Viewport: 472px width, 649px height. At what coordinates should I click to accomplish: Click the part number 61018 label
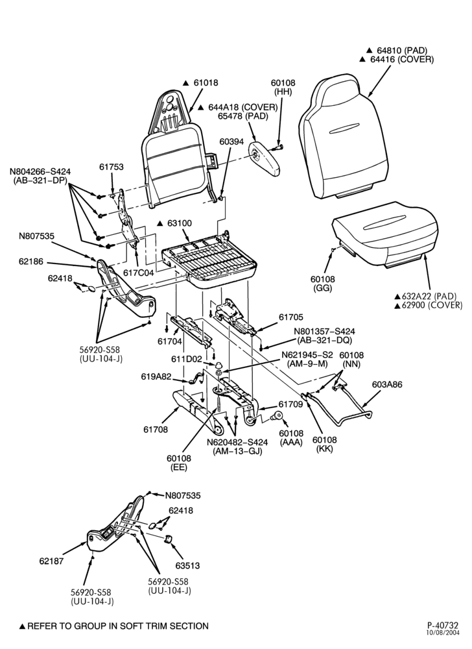[x=206, y=83]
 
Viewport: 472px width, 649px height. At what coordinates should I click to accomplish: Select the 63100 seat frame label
[x=180, y=223]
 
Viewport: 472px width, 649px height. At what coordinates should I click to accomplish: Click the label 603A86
[x=387, y=384]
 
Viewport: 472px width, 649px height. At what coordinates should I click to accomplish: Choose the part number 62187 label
[x=52, y=561]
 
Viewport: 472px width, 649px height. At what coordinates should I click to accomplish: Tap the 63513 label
[x=187, y=565]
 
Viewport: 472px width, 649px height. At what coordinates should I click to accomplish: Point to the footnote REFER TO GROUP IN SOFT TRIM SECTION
[x=118, y=626]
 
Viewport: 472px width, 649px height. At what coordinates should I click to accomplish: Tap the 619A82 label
[x=156, y=376]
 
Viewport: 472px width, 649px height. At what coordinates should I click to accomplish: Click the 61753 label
[x=111, y=167]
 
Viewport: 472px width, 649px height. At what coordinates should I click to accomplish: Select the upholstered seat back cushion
[x=344, y=136]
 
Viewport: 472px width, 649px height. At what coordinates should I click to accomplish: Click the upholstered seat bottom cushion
[x=385, y=234]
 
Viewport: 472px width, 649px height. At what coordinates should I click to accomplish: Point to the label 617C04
[x=139, y=273]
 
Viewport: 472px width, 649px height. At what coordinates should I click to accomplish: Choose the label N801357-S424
[x=324, y=332]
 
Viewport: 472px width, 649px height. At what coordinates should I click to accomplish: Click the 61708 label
[x=156, y=430]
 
